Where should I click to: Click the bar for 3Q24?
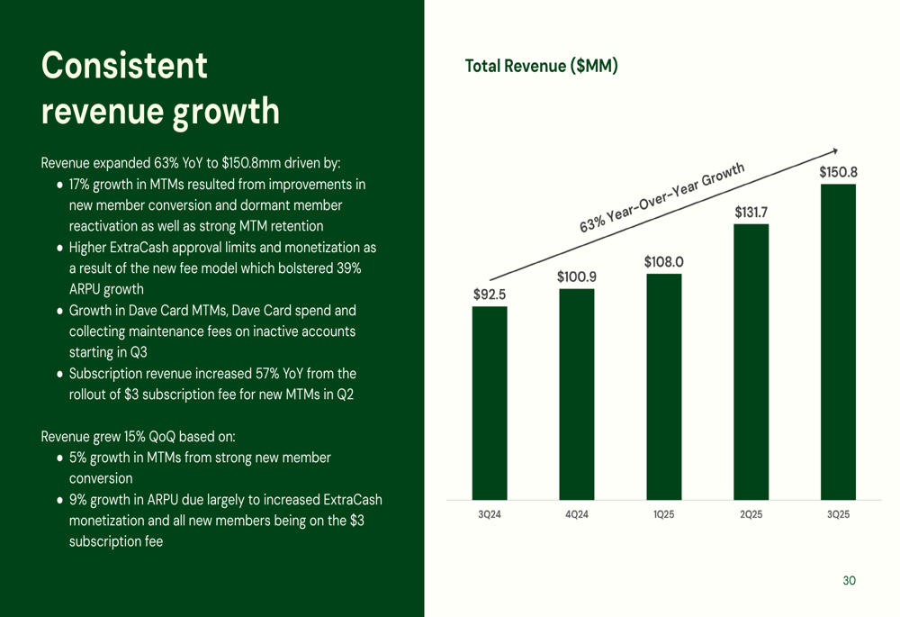click(x=490, y=403)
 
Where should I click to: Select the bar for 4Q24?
click(x=576, y=394)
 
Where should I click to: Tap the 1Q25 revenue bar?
click(x=663, y=386)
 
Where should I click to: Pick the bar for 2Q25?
click(x=751, y=361)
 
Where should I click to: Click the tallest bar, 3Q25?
click(x=838, y=341)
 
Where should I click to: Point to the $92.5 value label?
click(x=490, y=294)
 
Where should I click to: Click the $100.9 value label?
click(x=576, y=277)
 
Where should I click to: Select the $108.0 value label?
click(x=663, y=262)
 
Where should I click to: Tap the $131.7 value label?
click(x=751, y=213)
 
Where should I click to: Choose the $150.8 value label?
click(x=838, y=172)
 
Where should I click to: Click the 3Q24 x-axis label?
click(x=490, y=514)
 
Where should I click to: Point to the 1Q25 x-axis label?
click(x=663, y=514)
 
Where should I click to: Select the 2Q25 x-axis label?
click(x=751, y=514)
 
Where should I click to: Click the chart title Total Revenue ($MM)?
click(x=541, y=66)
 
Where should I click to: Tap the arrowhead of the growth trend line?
click(x=835, y=150)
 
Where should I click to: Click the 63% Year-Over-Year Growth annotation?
click(x=662, y=199)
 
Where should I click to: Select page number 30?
click(x=849, y=581)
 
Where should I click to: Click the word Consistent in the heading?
click(x=124, y=66)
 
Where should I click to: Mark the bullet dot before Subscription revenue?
click(x=59, y=374)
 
